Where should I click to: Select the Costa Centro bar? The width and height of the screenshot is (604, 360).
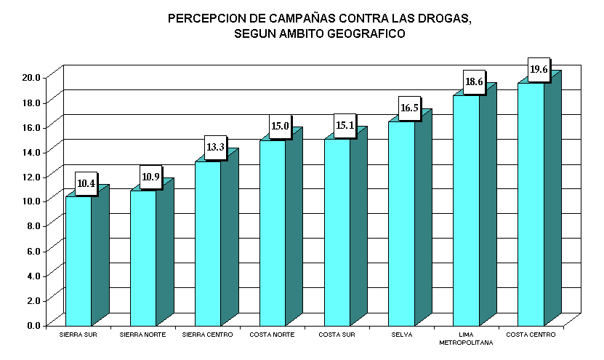tap(531, 204)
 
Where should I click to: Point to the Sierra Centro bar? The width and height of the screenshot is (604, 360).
tap(208, 243)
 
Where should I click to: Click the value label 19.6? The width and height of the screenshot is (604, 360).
tap(539, 70)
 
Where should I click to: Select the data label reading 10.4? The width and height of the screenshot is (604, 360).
tap(86, 183)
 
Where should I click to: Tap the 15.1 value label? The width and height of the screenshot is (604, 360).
tap(345, 125)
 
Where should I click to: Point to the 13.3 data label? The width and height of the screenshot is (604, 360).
tap(215, 148)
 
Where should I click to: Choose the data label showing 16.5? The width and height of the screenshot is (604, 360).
tap(409, 108)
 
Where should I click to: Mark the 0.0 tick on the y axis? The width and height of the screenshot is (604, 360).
tap(33, 325)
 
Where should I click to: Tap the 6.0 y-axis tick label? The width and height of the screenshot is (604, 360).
tap(33, 251)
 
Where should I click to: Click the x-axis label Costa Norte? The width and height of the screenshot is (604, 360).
tap(272, 335)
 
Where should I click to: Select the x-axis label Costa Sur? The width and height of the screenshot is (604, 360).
tap(337, 335)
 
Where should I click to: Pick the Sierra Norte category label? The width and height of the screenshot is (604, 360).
tap(142, 335)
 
